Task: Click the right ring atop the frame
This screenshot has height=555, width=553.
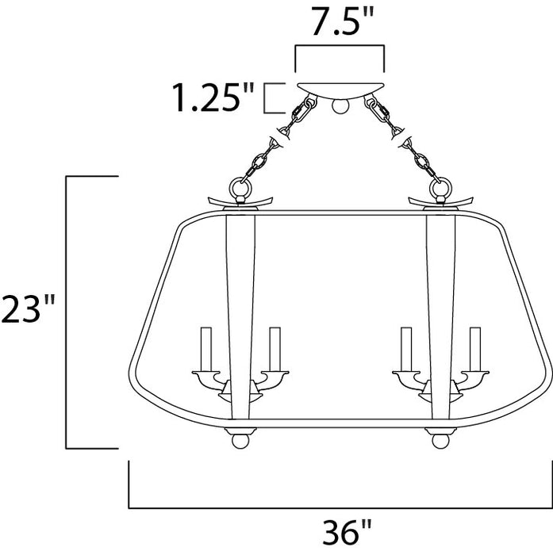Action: coord(439,189)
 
